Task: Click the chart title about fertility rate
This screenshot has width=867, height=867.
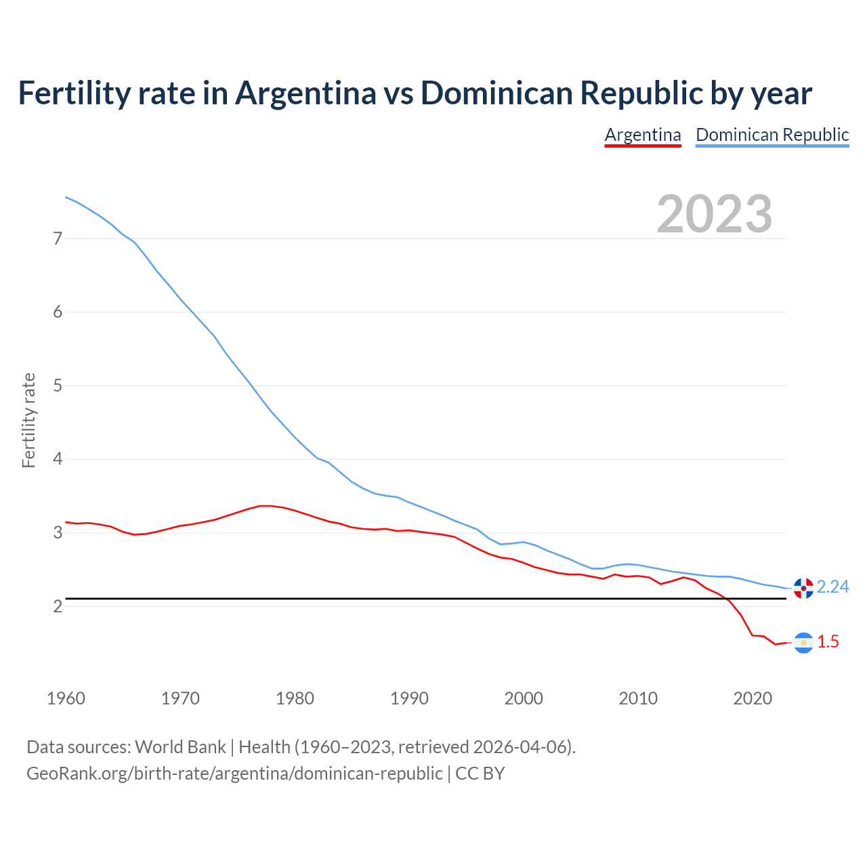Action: click(415, 93)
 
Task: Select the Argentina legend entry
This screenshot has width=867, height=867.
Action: click(642, 135)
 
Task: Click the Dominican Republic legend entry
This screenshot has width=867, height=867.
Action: click(772, 135)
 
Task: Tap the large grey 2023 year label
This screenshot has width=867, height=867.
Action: click(714, 214)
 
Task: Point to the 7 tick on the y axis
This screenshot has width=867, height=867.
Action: click(58, 238)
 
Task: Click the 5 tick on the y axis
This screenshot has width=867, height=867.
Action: click(58, 385)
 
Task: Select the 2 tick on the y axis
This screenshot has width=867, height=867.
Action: click(58, 606)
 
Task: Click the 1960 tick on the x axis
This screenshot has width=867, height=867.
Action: click(66, 698)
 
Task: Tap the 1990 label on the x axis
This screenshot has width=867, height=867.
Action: click(409, 698)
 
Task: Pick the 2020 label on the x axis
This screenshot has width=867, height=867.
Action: click(753, 698)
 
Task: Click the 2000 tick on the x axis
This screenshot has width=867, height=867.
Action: click(524, 698)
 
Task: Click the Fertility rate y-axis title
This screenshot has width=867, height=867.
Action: click(28, 420)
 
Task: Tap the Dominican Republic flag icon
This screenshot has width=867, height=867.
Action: click(803, 588)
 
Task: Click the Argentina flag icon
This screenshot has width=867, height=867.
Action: click(803, 643)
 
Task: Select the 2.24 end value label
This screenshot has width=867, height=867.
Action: click(832, 587)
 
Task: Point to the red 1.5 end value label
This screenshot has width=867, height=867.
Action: click(828, 641)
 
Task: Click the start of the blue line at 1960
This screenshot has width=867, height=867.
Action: click(66, 197)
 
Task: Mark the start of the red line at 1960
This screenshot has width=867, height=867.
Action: click(66, 522)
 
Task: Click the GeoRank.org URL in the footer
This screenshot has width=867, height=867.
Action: click(234, 773)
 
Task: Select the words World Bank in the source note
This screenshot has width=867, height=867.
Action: click(180, 747)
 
